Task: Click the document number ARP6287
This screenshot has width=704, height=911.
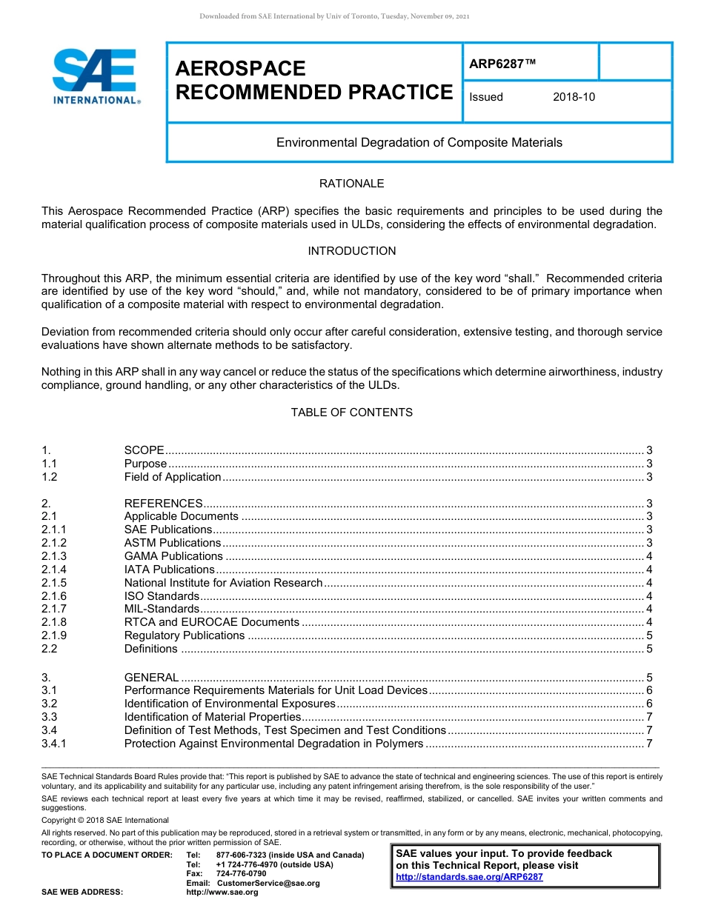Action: coord(502,64)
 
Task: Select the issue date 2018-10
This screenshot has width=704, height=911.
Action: coord(574,97)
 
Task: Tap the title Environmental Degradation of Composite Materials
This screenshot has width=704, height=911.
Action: coord(419,142)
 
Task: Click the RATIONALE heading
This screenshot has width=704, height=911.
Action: coord(351,184)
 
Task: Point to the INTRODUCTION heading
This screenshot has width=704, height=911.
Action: coord(351,251)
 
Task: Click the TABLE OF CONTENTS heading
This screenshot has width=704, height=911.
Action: coord(351,413)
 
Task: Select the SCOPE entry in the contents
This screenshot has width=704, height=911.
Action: coord(144,450)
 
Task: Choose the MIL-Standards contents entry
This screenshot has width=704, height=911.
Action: coord(162,610)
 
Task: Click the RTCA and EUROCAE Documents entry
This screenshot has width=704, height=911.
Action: coord(211,623)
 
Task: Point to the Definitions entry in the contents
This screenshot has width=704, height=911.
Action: coord(150,650)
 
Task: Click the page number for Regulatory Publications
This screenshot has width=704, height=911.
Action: coord(649,636)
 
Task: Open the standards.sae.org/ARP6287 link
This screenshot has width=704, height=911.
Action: coord(469,877)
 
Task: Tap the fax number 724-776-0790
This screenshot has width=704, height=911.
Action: coord(241,874)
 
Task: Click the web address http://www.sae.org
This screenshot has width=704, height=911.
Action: coord(222,892)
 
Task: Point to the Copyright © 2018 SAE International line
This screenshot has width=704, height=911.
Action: coord(105,821)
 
